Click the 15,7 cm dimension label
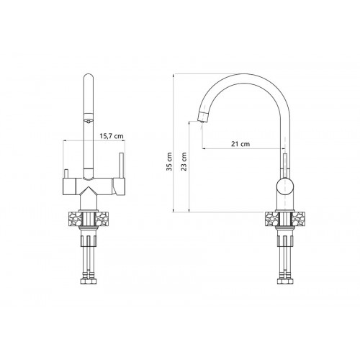pos(112,136)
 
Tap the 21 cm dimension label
pos(240,144)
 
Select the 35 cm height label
pos(169,161)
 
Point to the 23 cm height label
pos(184,161)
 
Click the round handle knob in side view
pos(285,186)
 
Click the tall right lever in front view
pos(121,165)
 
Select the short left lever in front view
pos(66,174)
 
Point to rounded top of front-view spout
pos(89,77)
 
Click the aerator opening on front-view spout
pos(89,121)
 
